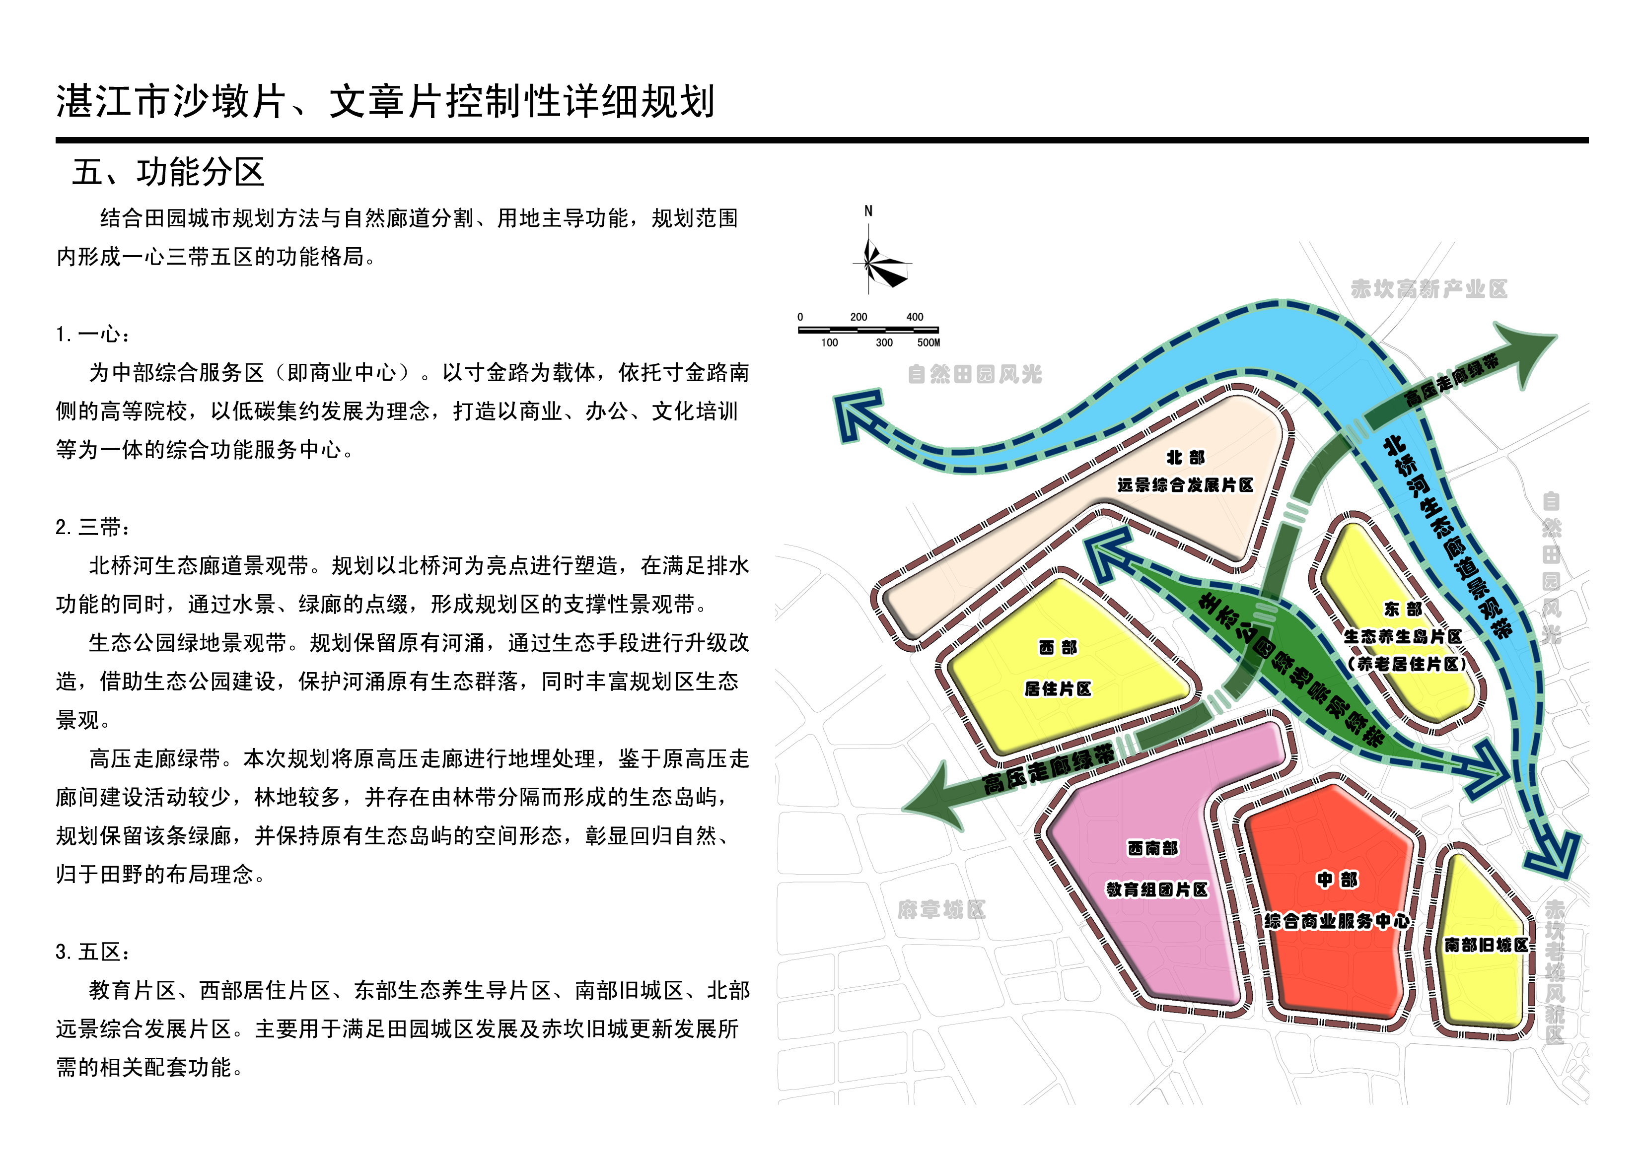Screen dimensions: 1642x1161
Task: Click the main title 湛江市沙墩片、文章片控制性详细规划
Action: coord(385,102)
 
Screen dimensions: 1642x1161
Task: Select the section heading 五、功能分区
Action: coord(169,172)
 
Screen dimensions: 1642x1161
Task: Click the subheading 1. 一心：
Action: coord(94,334)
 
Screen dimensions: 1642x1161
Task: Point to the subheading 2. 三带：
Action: coord(94,528)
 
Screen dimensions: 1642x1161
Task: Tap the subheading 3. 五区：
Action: coord(94,952)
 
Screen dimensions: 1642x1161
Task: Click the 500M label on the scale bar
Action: coord(928,343)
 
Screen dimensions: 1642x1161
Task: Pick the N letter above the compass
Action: coord(868,211)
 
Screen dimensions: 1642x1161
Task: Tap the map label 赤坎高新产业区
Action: coord(1429,289)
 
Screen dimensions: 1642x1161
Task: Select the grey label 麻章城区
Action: coord(941,910)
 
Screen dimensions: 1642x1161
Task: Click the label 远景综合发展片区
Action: coord(1185,485)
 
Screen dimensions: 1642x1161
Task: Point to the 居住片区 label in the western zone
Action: coord(1058,688)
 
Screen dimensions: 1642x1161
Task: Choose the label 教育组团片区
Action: coord(1156,889)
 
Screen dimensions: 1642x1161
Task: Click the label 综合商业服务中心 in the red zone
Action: coord(1337,921)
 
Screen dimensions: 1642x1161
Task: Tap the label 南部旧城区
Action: coord(1486,945)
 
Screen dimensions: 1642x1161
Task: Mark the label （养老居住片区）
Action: coord(1406,664)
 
